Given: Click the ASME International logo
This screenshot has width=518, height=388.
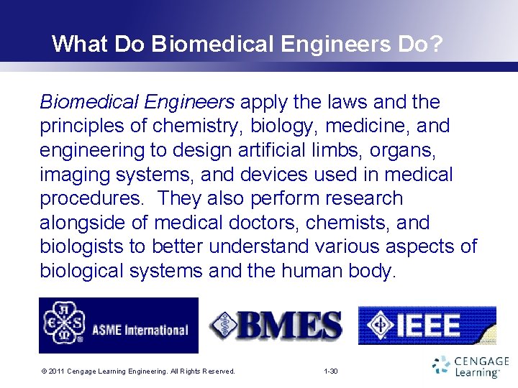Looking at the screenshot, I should [118, 325].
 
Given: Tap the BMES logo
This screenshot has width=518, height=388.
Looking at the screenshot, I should [276, 325].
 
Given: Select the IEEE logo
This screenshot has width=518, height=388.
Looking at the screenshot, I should [427, 325].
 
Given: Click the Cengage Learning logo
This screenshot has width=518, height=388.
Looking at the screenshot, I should [471, 366].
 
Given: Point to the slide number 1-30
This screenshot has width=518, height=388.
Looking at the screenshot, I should [331, 371].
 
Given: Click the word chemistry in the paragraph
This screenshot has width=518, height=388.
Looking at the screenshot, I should [200, 126].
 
